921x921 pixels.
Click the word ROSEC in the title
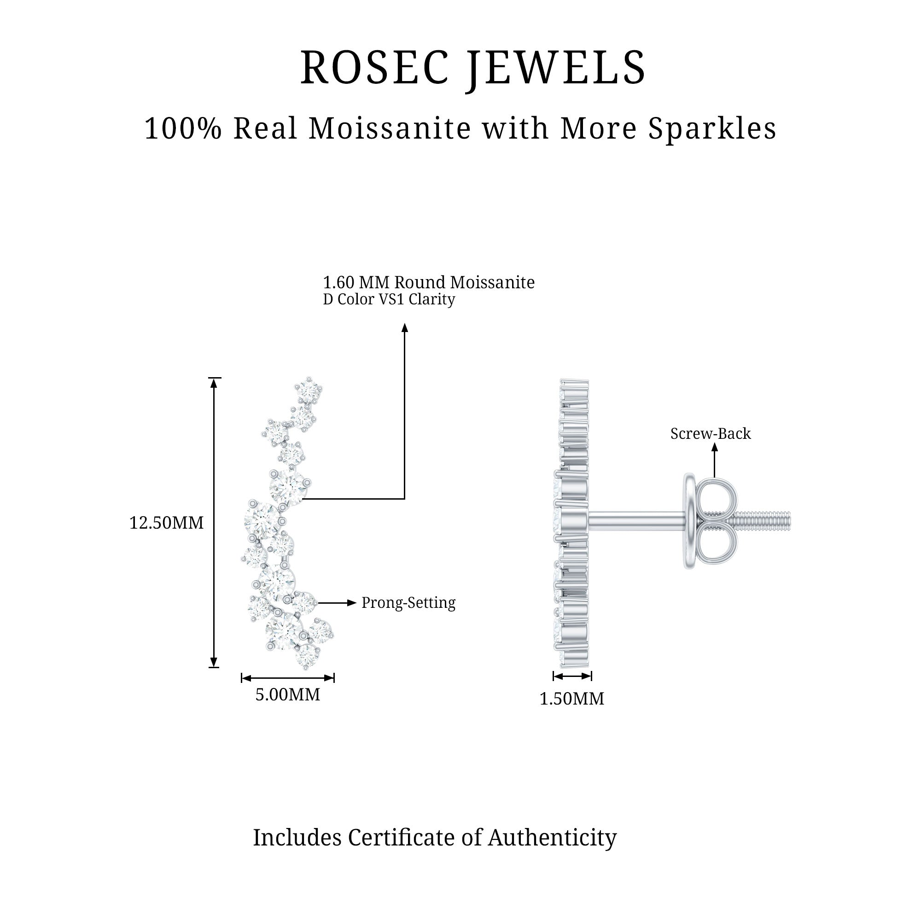point(374,68)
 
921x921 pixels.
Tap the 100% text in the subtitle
point(183,129)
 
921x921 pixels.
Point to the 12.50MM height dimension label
point(166,523)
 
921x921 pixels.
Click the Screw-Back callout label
point(710,434)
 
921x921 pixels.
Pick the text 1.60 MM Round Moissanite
point(429,283)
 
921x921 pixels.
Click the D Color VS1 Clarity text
point(389,299)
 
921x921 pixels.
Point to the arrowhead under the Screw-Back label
point(714,447)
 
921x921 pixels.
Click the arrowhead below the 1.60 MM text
point(405,327)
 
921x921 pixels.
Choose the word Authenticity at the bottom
point(552,838)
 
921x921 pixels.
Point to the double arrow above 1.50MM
point(572,676)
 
